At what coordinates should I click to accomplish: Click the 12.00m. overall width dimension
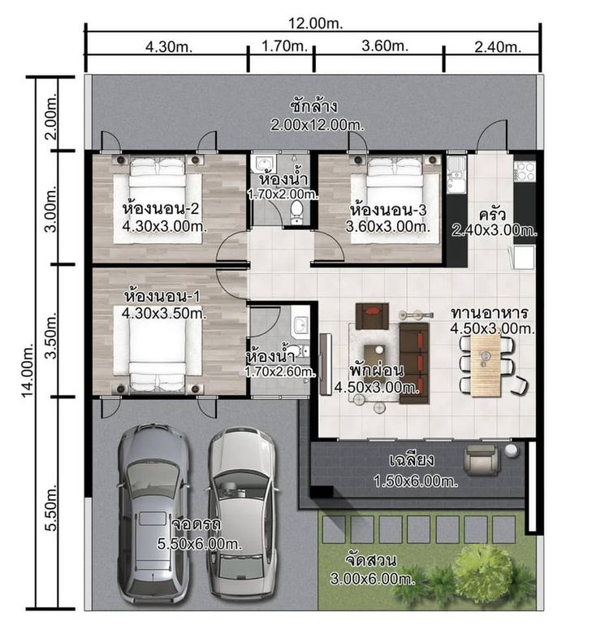(x=316, y=24)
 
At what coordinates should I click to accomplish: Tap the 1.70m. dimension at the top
(x=284, y=46)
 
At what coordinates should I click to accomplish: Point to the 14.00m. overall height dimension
(x=28, y=371)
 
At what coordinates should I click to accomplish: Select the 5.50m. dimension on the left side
(x=52, y=507)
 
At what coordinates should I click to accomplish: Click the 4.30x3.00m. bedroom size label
(x=165, y=227)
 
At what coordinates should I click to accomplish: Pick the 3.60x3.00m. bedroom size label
(x=387, y=227)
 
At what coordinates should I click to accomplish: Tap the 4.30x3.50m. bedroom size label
(x=164, y=313)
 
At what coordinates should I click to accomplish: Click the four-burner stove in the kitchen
(x=525, y=172)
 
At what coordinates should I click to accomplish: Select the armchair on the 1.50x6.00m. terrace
(x=482, y=459)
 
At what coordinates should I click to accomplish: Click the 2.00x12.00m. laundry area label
(x=317, y=124)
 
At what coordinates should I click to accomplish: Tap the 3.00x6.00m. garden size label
(x=372, y=579)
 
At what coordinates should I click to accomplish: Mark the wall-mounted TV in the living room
(x=326, y=364)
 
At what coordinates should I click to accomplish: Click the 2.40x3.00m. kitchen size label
(x=495, y=231)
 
